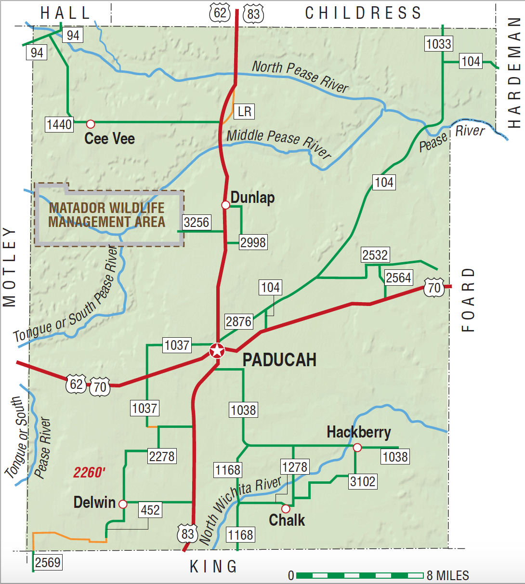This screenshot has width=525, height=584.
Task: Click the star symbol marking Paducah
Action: [x=217, y=351]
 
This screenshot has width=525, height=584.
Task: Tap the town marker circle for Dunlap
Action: [x=225, y=205]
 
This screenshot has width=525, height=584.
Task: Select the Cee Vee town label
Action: [x=109, y=139]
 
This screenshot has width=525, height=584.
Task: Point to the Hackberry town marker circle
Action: [x=357, y=448]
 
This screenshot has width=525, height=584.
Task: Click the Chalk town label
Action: [x=287, y=520]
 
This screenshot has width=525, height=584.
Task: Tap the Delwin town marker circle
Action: [x=123, y=504]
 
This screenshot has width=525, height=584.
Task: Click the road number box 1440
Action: [x=59, y=124]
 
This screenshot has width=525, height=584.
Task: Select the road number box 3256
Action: [x=197, y=222]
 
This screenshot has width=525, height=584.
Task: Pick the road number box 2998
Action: [x=253, y=242]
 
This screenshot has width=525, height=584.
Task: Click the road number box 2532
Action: [x=375, y=255]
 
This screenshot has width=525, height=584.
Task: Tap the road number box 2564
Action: [x=398, y=278]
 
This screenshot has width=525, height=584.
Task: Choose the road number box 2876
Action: [x=238, y=321]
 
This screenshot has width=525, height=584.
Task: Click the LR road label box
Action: [x=245, y=112]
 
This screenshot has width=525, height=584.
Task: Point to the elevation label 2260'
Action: [x=89, y=473]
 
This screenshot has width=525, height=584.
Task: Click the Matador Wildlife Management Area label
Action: [x=107, y=215]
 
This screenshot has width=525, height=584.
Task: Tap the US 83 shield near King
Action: [x=187, y=533]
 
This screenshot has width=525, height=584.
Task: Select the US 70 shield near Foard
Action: [x=434, y=288]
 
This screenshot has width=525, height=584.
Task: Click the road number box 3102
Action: [x=363, y=481]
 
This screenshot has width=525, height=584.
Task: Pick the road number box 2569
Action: [x=48, y=562]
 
